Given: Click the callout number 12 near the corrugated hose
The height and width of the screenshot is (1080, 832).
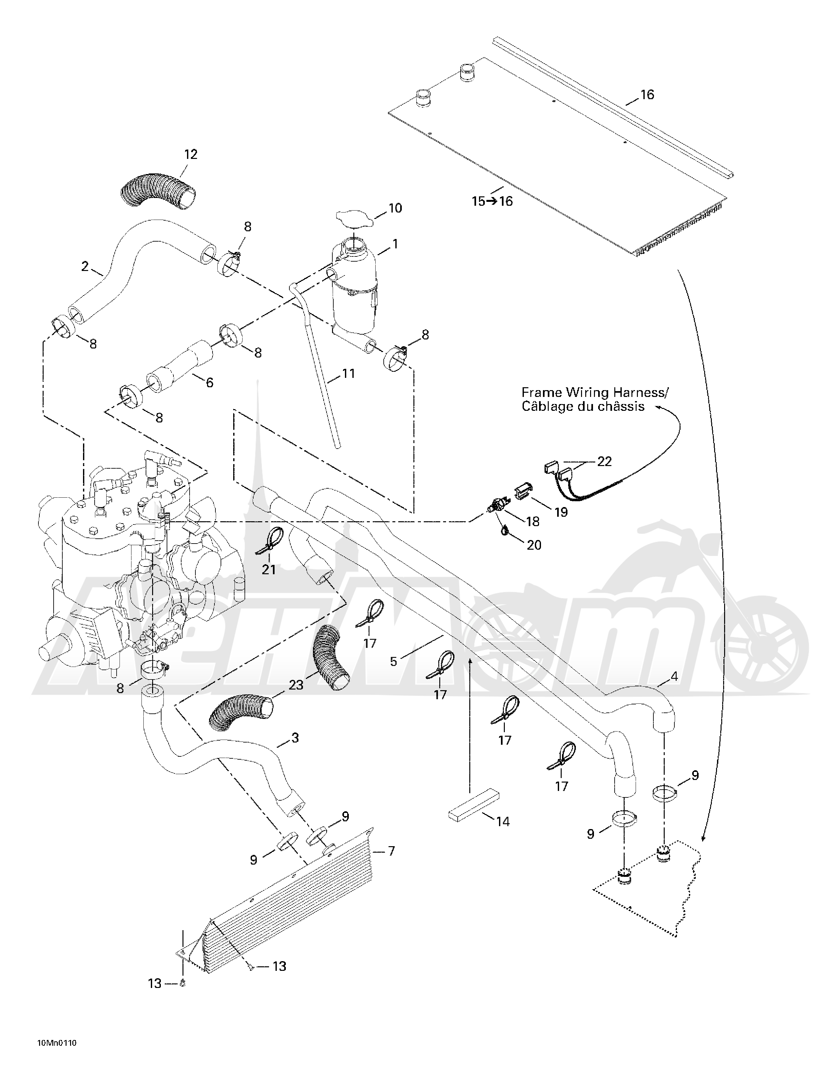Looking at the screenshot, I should (191, 154).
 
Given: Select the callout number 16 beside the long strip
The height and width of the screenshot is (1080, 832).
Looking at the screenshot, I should (647, 94).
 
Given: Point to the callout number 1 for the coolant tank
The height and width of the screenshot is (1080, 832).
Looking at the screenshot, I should (395, 244).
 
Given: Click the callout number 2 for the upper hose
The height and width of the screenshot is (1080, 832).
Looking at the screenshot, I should (85, 266).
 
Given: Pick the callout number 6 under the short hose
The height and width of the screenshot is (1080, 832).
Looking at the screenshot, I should (209, 382).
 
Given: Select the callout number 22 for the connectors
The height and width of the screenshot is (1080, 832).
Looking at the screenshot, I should (605, 462).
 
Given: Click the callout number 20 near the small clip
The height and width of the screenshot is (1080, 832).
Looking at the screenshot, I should (534, 545).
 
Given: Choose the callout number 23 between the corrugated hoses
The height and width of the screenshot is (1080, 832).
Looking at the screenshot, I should (296, 685).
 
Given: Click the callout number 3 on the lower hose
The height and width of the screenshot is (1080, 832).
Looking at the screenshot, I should (295, 738).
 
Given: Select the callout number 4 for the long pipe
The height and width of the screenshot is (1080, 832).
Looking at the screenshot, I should (674, 677).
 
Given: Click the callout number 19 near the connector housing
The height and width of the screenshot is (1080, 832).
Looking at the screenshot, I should (560, 512).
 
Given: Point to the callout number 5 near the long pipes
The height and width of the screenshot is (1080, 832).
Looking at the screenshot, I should (393, 662).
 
